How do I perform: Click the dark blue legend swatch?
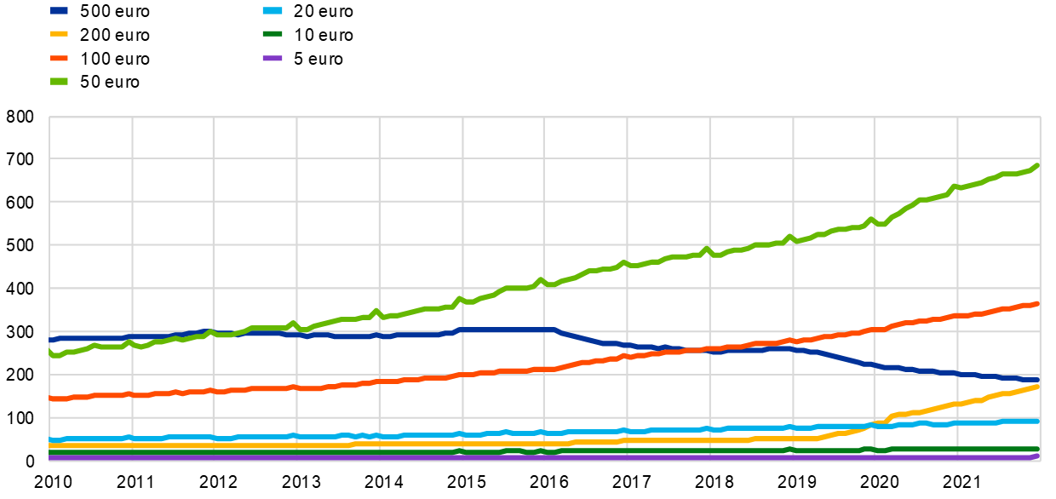click(x=59, y=11)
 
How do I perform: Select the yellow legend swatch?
click(x=59, y=34)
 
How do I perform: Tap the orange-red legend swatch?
click(x=59, y=58)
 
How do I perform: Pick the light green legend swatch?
click(x=59, y=81)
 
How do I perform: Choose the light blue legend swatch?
click(x=273, y=11)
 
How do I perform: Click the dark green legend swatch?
click(x=273, y=34)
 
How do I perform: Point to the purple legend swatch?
click(x=273, y=58)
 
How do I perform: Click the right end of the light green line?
click(x=1038, y=164)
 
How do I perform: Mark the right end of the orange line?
click(x=1038, y=303)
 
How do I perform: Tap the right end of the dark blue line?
click(x=1038, y=380)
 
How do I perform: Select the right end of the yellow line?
click(x=1038, y=387)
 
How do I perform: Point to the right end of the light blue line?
click(x=1038, y=421)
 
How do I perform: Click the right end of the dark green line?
click(x=1038, y=449)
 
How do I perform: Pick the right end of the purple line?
click(x=1038, y=456)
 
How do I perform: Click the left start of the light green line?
click(x=50, y=353)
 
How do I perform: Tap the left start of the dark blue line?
click(x=50, y=340)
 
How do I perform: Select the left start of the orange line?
click(x=50, y=398)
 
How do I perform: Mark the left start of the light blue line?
click(x=50, y=440)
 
